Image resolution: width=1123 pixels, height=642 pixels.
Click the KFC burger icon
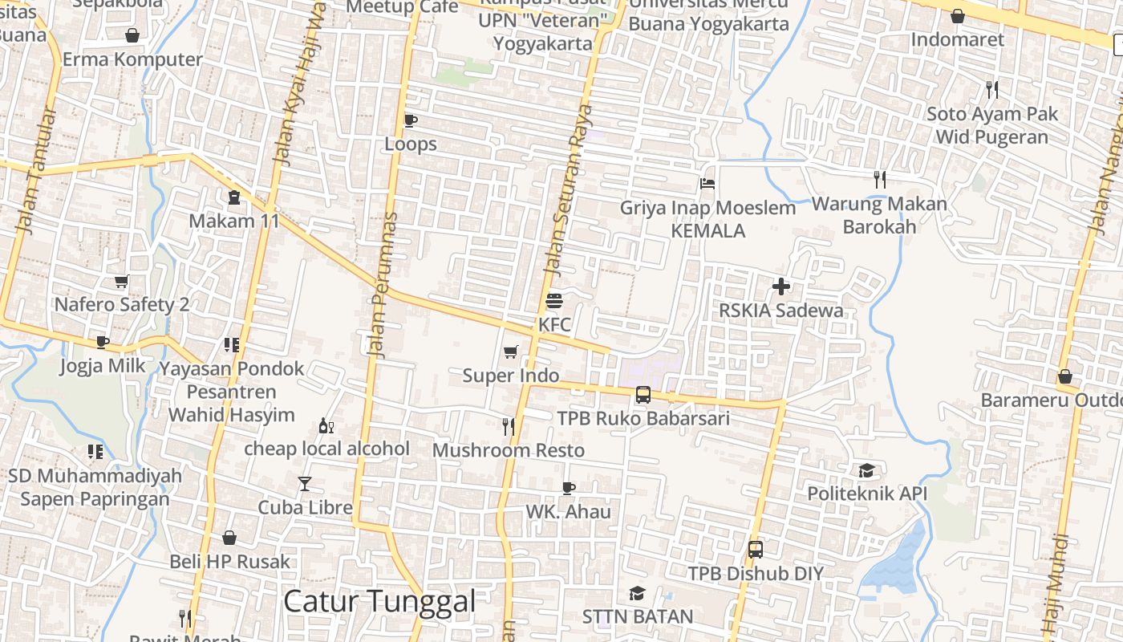coord(554,302)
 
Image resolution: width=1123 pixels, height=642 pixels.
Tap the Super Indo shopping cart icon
coord(510,351)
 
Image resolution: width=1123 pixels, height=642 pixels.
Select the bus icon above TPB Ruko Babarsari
coord(643,394)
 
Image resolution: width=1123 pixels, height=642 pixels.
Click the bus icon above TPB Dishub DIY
coord(755,550)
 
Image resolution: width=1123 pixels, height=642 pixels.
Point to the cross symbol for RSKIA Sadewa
coord(781,286)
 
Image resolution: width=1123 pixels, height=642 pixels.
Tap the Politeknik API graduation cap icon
coord(866,470)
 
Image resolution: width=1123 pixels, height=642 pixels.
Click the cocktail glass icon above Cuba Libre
coord(305,483)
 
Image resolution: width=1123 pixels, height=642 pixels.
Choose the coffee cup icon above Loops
coord(411,121)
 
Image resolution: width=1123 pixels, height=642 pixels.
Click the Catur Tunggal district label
coord(379,601)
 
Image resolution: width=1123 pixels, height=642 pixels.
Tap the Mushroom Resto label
coord(509,450)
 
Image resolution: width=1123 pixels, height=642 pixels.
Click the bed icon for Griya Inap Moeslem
coord(707,184)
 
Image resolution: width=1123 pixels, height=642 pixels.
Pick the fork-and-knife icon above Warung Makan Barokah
coord(880,180)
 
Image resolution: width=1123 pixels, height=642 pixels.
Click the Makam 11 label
coord(233,221)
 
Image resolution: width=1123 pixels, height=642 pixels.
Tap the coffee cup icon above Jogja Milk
coord(103,343)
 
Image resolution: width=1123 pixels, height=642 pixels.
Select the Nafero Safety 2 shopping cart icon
coord(121,282)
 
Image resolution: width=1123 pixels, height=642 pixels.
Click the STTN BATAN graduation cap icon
coord(638,593)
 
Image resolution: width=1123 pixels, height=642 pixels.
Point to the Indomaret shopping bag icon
coord(957,16)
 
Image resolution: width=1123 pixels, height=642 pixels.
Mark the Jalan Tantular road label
coord(37,172)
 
